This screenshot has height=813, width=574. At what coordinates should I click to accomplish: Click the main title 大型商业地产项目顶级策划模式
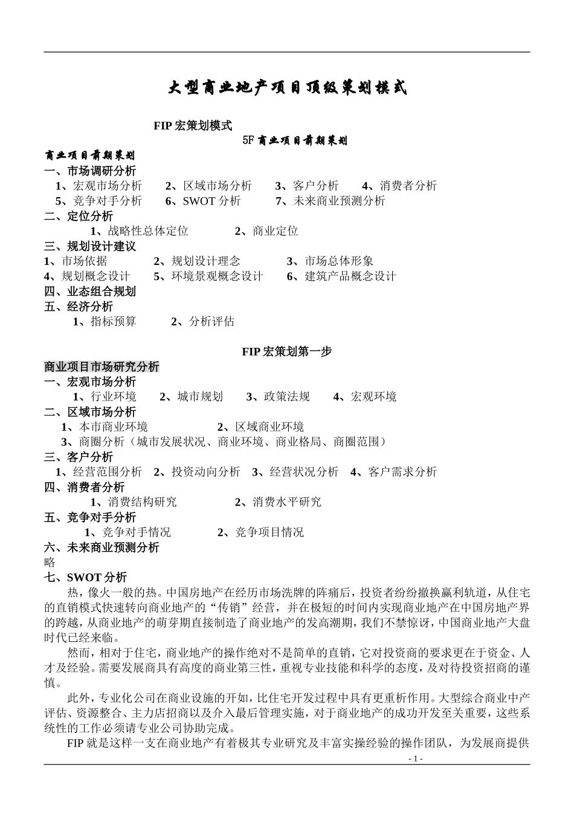[288, 88]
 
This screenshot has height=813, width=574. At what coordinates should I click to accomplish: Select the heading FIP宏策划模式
[193, 126]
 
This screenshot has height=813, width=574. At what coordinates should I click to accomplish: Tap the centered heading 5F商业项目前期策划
[295, 141]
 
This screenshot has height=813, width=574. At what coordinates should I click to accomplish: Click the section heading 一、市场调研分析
[90, 171]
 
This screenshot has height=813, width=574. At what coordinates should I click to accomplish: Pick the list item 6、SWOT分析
[203, 201]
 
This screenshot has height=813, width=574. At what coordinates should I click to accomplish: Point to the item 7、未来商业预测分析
[330, 201]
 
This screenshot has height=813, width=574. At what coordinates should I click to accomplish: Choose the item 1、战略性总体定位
[140, 231]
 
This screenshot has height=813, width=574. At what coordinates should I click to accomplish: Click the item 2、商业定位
[266, 231]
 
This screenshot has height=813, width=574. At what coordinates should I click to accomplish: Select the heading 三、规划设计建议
[90, 246]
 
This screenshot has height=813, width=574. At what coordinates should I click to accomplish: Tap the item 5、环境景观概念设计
[208, 276]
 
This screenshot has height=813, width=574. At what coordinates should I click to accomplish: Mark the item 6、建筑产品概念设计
[341, 276]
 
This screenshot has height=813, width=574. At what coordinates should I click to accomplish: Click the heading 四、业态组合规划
[90, 292]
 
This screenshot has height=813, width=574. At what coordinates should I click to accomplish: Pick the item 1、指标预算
[105, 321]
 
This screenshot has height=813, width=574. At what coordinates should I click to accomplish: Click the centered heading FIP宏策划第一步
[287, 351]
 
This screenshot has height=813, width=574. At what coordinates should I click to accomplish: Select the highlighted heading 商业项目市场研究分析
[102, 367]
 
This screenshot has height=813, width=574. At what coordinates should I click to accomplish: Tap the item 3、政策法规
[278, 397]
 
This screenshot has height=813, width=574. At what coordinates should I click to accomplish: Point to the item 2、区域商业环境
[260, 427]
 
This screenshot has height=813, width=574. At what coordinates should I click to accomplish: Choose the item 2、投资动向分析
[197, 472]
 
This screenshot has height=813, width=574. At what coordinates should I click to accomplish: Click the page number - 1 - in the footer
[416, 759]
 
